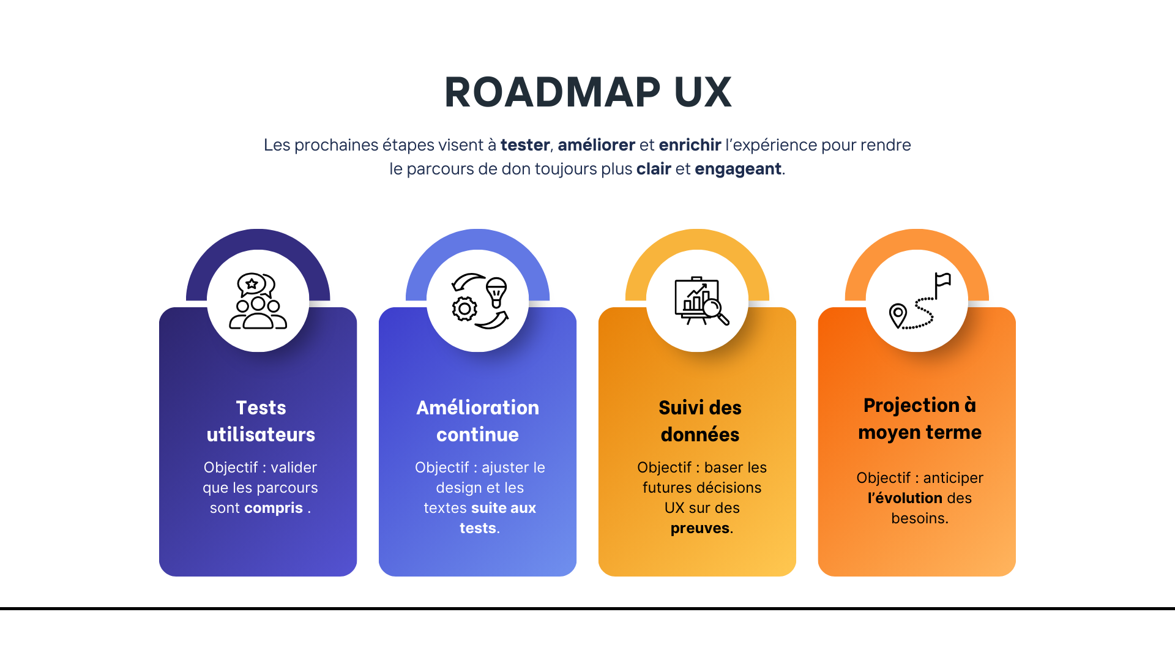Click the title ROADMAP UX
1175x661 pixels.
pyautogui.click(x=587, y=92)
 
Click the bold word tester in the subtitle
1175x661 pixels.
pyautogui.click(x=524, y=145)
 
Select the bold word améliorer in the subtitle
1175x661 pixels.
pyautogui.click(x=596, y=145)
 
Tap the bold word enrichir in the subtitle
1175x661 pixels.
pyautogui.click(x=690, y=145)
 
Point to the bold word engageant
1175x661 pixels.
pyautogui.click(x=737, y=169)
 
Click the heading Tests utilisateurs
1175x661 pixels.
pyautogui.click(x=261, y=421)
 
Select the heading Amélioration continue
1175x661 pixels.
pyautogui.click(x=477, y=421)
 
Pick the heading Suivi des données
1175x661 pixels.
pyautogui.click(x=700, y=421)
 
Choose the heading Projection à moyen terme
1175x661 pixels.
pyautogui.click(x=919, y=419)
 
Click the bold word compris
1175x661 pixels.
pyautogui.click(x=273, y=508)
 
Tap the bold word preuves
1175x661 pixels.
pyautogui.click(x=699, y=528)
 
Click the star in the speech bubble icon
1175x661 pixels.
pyautogui.click(x=252, y=283)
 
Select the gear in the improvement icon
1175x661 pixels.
pyautogui.click(x=464, y=309)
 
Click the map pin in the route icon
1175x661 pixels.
pyautogui.click(x=898, y=315)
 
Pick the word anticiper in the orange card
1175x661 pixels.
pyautogui.click(x=953, y=478)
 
